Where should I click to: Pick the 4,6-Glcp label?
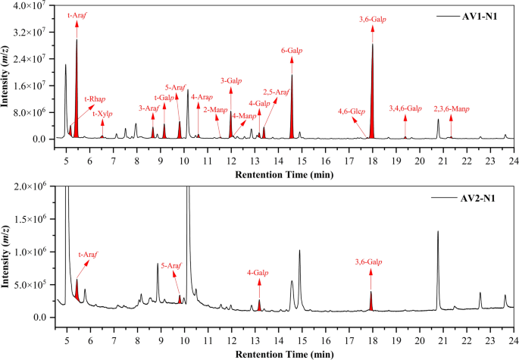tap(352, 111)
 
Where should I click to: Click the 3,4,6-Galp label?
tap(405, 109)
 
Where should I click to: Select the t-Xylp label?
tap(103, 114)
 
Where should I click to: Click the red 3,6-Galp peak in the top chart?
tap(372, 91)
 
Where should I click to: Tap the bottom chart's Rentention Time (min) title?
tap(286, 352)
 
